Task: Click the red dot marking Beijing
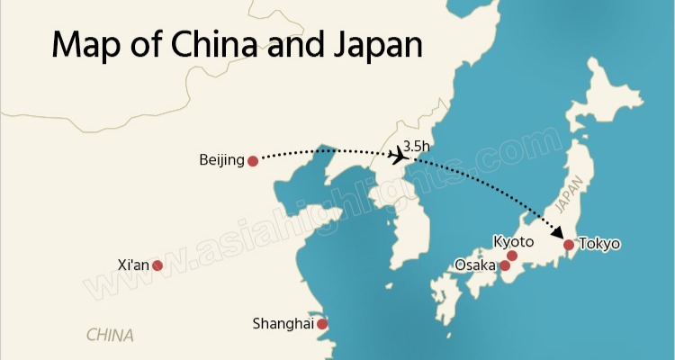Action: point(253,161)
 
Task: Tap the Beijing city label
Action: point(221,161)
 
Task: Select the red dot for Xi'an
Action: point(157,265)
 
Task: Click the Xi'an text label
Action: point(134,265)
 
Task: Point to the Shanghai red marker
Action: point(322,324)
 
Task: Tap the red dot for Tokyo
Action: point(568,244)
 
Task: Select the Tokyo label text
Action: point(599,244)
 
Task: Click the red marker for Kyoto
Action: point(512,256)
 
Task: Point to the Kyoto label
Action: point(514,242)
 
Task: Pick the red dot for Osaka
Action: point(505,265)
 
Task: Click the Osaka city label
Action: point(475,265)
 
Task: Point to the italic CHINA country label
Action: point(110,336)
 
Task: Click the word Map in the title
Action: point(85,44)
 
